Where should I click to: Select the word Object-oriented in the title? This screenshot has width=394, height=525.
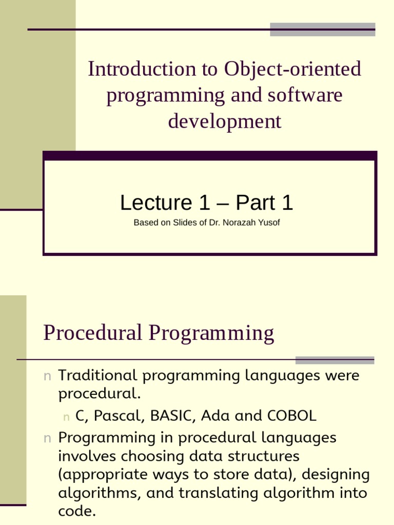pos(292,69)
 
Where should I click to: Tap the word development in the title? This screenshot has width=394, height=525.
pos(225,122)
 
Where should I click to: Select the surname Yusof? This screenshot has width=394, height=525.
pos(269,223)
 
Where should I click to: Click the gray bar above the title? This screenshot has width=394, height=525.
pos(322,29)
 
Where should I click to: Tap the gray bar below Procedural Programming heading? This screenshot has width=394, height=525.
pos(334,360)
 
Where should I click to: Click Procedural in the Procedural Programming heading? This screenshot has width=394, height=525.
pos(93,333)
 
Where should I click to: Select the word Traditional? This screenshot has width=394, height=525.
pos(98,375)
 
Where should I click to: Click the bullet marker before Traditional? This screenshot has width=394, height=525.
pos(47,376)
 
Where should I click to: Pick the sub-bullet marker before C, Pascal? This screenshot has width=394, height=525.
pos(66,417)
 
